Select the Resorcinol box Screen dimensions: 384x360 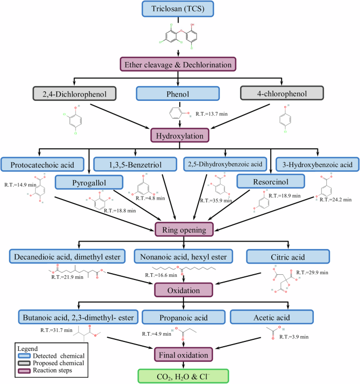[x=271, y=181]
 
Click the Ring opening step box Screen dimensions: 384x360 [x=183, y=229]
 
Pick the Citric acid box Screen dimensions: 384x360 [x=288, y=256]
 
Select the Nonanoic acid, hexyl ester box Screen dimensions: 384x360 [x=182, y=256]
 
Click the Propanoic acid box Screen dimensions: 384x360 [x=182, y=318]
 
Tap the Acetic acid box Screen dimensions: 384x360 [x=272, y=318]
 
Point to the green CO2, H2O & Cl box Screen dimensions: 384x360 [x=183, y=376]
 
